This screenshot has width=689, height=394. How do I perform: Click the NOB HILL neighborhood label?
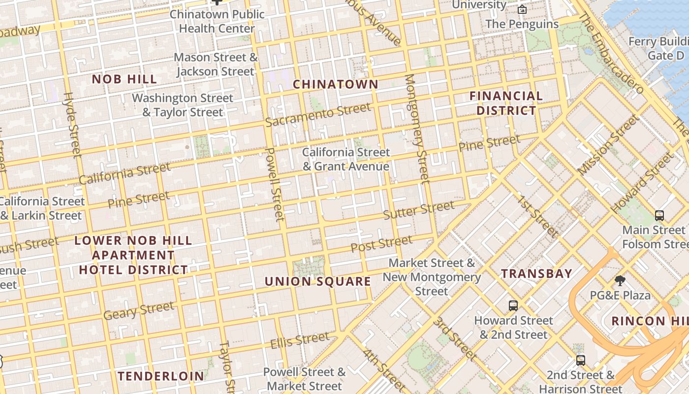(x=125, y=79)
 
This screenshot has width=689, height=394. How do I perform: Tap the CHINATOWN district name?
(x=336, y=84)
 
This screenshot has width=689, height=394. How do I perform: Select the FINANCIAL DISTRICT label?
(x=506, y=103)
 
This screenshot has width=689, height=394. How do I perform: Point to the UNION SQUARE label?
(x=318, y=281)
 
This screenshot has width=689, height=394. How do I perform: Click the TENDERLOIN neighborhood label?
(x=160, y=376)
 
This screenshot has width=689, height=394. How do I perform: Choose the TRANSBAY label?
(x=536, y=273)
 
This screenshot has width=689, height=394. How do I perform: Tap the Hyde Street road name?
(x=73, y=125)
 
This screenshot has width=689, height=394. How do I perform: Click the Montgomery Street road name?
(x=417, y=129)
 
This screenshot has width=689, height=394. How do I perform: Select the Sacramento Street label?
(x=318, y=115)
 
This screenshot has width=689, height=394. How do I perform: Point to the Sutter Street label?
(x=418, y=210)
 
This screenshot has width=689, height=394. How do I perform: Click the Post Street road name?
(x=381, y=244)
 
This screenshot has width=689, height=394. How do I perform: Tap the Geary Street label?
(x=139, y=311)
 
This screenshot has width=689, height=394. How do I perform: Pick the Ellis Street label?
(x=300, y=340)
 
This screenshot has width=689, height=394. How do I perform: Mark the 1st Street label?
(x=538, y=217)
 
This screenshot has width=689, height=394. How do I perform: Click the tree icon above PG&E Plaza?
(x=620, y=281)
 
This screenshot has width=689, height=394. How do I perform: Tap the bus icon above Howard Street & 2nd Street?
(x=513, y=306)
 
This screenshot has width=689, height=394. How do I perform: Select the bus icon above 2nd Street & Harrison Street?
(x=581, y=360)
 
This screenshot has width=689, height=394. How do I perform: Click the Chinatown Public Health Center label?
(x=217, y=21)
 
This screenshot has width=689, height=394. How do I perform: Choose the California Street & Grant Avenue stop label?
(x=345, y=159)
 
